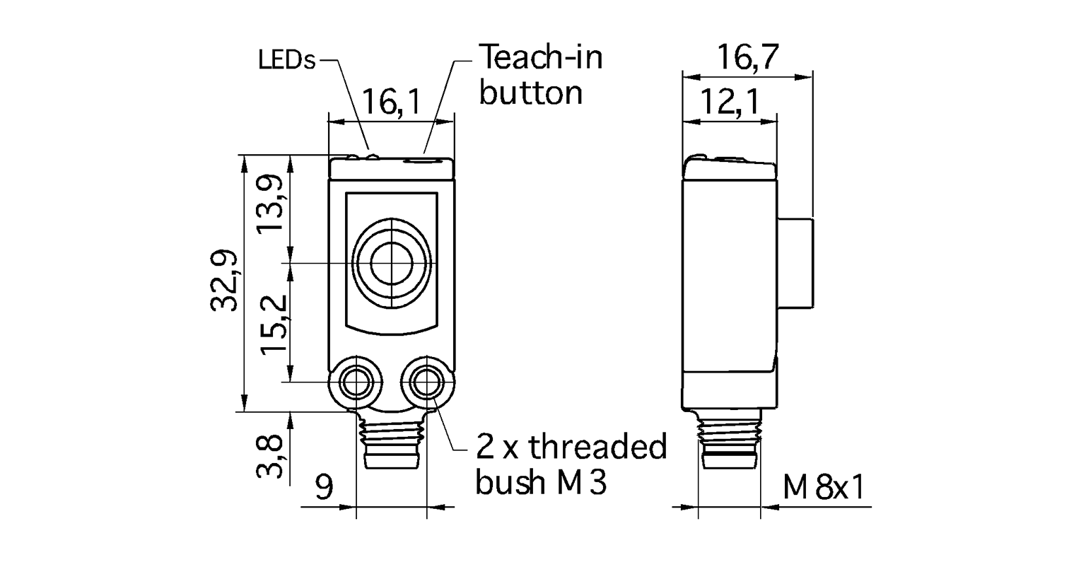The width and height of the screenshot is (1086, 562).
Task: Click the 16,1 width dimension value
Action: [x=391, y=103]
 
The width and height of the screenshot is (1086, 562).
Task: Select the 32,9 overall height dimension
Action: [x=223, y=283]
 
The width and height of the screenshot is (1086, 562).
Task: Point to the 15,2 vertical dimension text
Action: [x=271, y=324]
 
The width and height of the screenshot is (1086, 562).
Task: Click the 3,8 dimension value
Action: [x=271, y=457]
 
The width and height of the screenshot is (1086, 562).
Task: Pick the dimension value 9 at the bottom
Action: [x=324, y=487]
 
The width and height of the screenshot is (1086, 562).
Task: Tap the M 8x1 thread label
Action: [x=824, y=487]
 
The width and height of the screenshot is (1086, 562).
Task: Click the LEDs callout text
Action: [x=286, y=61]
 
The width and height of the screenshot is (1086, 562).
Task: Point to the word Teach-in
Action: [x=541, y=57]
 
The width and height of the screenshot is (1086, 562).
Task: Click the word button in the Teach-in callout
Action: [x=530, y=93]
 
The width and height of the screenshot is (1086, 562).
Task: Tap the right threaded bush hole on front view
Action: [x=426, y=383]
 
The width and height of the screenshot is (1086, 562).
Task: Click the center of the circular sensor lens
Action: [x=391, y=264]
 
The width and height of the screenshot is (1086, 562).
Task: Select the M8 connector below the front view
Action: [x=391, y=443]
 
